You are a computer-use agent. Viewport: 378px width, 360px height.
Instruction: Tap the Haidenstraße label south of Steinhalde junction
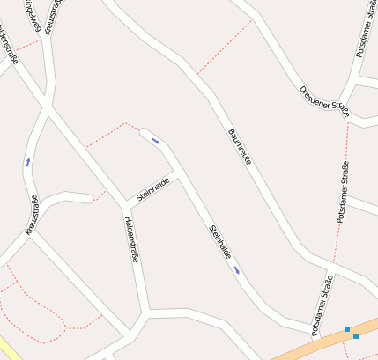[x=133, y=239]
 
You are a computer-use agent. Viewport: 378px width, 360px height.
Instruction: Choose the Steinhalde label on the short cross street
[x=153, y=189]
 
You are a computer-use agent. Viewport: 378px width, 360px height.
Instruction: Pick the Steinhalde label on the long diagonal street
[x=220, y=242]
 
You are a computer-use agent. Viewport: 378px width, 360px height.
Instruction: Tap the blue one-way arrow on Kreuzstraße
[x=28, y=162]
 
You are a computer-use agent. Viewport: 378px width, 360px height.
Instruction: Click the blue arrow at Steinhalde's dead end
[x=156, y=140]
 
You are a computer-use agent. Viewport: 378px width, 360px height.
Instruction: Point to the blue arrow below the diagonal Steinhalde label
[x=237, y=270]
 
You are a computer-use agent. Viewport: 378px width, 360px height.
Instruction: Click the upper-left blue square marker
[x=347, y=329]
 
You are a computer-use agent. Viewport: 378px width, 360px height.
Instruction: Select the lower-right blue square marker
[x=356, y=336]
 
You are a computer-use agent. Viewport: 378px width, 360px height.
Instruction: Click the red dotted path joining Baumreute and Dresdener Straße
[x=225, y=47]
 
